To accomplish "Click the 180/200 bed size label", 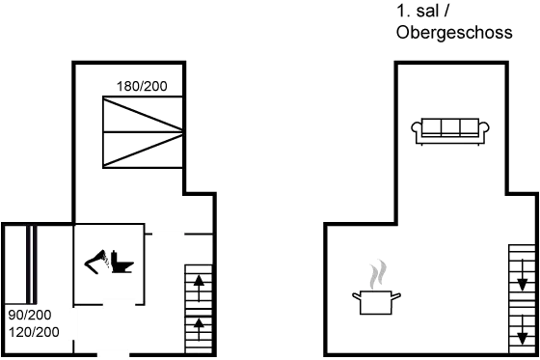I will [142, 87].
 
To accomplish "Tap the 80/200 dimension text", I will [29, 316].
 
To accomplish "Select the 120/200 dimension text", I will [34, 331].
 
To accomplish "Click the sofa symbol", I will [445, 129].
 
